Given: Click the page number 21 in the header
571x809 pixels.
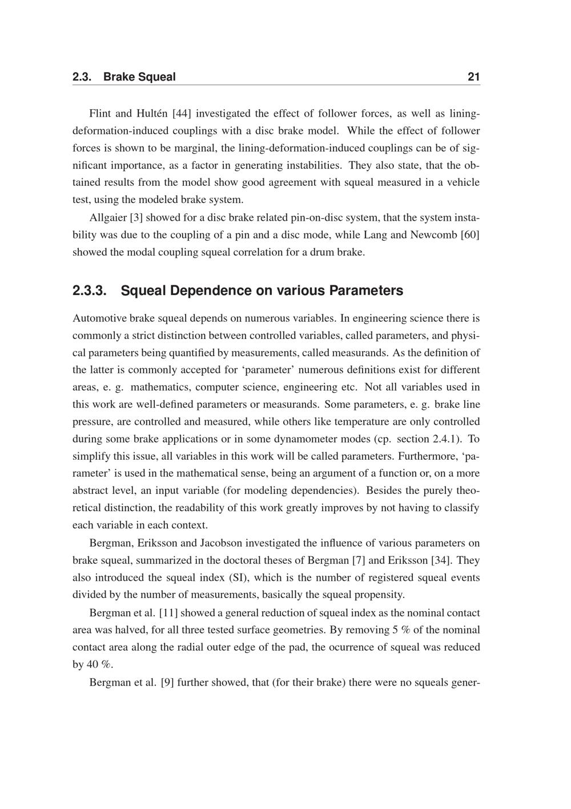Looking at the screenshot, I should (x=473, y=77).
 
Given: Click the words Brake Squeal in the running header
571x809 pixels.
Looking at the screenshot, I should (x=139, y=77).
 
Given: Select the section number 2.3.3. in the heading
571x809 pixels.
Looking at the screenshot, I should (x=90, y=290).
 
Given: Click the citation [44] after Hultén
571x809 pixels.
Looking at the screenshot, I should (x=182, y=114).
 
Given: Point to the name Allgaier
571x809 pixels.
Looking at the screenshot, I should (x=108, y=217).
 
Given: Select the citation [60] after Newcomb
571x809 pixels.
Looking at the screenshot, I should (x=470, y=234).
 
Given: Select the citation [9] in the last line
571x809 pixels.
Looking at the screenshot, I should (x=167, y=682).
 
